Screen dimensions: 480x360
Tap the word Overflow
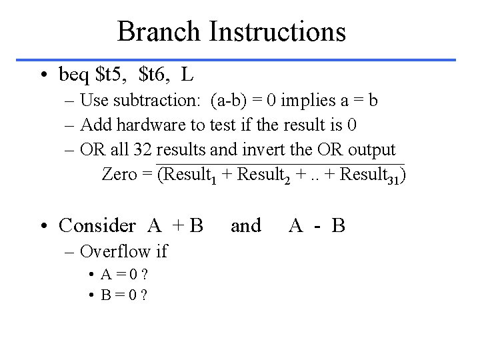tap(114, 251)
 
